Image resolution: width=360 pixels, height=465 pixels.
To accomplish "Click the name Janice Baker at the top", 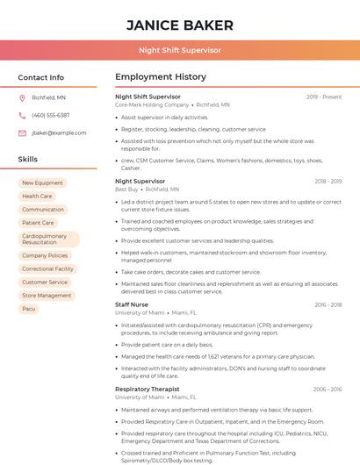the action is pos(180,25).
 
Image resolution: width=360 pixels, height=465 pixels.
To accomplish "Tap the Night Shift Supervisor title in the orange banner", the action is pos(180,51).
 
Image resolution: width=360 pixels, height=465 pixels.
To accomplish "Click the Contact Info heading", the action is pos(41,77).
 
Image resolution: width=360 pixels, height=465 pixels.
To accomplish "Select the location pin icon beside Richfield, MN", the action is pos(22,98).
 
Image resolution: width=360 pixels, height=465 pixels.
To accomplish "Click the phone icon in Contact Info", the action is pos(22,115).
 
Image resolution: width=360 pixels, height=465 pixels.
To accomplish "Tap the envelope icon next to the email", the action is pos(22,132).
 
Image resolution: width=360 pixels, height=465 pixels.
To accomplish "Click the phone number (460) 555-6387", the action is pos(51,115).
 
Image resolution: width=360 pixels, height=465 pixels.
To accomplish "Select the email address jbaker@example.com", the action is pos(59,132).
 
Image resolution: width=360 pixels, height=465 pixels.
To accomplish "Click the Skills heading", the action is pos(28,160).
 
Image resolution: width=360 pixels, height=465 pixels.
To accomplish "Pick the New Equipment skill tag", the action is pos(42,182).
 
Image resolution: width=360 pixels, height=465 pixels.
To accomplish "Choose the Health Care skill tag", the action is pos(37,197).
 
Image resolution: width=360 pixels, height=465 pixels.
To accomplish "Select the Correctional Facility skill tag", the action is pos(47,268).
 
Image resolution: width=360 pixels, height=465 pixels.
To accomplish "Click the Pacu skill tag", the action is pos(29,309).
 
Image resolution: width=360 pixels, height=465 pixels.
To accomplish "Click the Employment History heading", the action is pos(160,77).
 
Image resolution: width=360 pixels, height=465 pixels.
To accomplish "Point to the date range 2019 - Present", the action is pos(324,97).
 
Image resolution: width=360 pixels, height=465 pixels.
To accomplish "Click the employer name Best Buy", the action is pos(126,190).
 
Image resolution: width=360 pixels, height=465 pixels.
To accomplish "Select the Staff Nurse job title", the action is pos(132,304).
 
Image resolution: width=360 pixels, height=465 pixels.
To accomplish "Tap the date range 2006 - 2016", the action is pos(327,389).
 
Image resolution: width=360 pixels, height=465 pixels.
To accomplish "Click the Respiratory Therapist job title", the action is pos(147,389).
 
